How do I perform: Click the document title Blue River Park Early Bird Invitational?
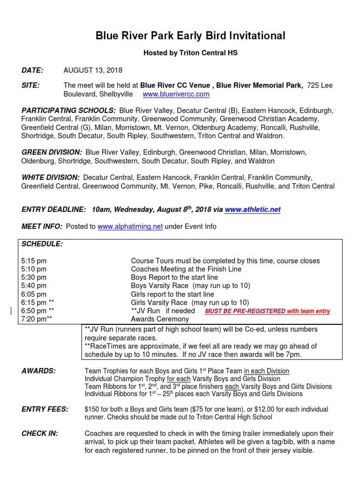pyautogui.click(x=190, y=36)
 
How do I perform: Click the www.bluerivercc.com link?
pyautogui.click(x=176, y=94)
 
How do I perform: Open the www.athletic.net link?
pyautogui.click(x=253, y=210)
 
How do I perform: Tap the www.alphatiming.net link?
pyautogui.click(x=130, y=226)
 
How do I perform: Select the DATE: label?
pyautogui.click(x=32, y=70)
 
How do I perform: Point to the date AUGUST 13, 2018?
pyautogui.click(x=93, y=70)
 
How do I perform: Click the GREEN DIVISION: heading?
pyautogui.click(x=52, y=152)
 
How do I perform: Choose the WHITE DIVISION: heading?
pyautogui.click(x=51, y=178)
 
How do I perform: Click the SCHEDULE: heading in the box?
pyautogui.click(x=42, y=244)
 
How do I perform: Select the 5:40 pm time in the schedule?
pyautogui.click(x=34, y=285)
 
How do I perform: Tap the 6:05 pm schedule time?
pyautogui.click(x=34, y=294)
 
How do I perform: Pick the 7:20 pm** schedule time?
pyautogui.click(x=36, y=319)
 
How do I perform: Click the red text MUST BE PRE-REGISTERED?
pyautogui.click(x=267, y=311)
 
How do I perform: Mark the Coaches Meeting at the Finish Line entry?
pyautogui.click(x=186, y=269)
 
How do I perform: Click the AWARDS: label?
pyautogui.click(x=38, y=371)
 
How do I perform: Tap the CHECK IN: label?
pyautogui.click(x=40, y=434)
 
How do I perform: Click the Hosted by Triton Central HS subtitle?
pyautogui.click(x=190, y=53)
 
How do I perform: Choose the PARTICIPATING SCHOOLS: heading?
pyautogui.click(x=68, y=110)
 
